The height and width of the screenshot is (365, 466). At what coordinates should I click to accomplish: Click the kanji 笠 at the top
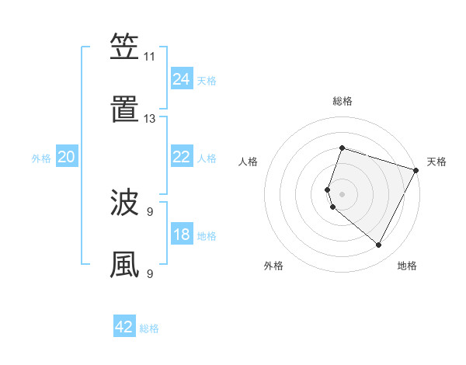pyautogui.click(x=124, y=47)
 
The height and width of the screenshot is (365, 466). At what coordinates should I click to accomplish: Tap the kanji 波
pyautogui.click(x=124, y=203)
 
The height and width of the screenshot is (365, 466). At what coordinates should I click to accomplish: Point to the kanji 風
pyautogui.click(x=124, y=265)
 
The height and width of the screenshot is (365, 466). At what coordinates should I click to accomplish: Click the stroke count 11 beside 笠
pyautogui.click(x=149, y=57)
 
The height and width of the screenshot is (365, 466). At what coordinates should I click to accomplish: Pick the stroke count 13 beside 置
pyautogui.click(x=149, y=119)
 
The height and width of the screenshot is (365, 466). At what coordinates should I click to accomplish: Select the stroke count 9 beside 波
pyautogui.click(x=149, y=211)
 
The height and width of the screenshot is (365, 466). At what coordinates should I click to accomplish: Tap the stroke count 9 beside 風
pyautogui.click(x=149, y=273)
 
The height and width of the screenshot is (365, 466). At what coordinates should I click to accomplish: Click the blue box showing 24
pyautogui.click(x=181, y=79)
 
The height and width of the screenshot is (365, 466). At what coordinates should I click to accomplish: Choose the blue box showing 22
pyautogui.click(x=181, y=157)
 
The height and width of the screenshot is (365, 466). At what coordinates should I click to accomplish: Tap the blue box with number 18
pyautogui.click(x=181, y=235)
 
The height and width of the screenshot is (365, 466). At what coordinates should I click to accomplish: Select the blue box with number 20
pyautogui.click(x=67, y=157)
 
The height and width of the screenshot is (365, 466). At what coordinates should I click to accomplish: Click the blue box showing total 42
pyautogui.click(x=124, y=327)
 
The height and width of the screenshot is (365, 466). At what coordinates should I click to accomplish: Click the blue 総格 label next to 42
pyautogui.click(x=149, y=328)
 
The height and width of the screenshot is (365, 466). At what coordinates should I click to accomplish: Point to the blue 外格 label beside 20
pyautogui.click(x=41, y=158)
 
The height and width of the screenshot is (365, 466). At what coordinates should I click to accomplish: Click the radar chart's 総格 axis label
pyautogui.click(x=342, y=101)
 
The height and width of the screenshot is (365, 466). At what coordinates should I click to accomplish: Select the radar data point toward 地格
pyautogui.click(x=379, y=245)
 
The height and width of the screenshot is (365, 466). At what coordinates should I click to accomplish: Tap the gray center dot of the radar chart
pyautogui.click(x=342, y=193)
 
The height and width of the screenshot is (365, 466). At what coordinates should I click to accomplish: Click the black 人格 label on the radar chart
pyautogui.click(x=248, y=162)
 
